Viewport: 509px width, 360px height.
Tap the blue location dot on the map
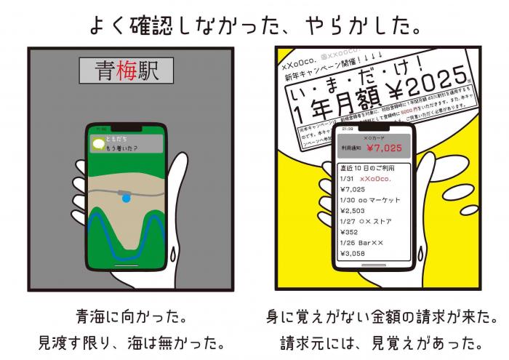point(127,197)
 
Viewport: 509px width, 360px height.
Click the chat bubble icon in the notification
point(96,144)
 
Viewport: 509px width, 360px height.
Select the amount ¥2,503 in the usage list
point(355,210)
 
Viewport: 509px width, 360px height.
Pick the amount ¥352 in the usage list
point(351,233)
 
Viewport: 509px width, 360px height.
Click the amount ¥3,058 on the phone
point(355,254)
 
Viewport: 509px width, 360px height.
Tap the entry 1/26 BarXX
point(364,244)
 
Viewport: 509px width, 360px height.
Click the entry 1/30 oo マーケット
point(370,200)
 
